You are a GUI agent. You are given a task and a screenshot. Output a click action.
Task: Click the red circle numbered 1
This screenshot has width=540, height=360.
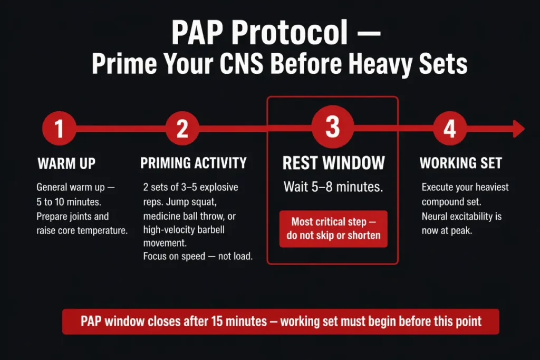pos(59,129)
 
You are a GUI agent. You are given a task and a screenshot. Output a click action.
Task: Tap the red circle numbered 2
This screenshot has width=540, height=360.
pos(182,129)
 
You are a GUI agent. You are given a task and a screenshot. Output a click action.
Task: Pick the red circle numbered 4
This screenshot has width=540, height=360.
pos(449,129)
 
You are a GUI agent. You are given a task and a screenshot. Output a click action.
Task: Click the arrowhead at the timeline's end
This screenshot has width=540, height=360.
pos(518,129)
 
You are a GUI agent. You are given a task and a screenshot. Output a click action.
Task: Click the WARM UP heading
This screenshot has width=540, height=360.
pos(66,163)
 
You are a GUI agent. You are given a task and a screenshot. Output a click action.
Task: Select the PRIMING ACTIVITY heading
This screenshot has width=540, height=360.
pos(194,163)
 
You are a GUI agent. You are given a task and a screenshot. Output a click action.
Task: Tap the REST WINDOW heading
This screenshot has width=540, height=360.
pos(333,163)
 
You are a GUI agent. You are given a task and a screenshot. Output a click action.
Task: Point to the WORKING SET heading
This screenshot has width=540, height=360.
pos(460,163)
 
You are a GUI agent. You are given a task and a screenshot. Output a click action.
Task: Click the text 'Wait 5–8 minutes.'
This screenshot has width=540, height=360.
pos(333,187)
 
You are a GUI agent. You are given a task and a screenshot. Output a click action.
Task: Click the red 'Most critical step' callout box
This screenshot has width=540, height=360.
pos(333,229)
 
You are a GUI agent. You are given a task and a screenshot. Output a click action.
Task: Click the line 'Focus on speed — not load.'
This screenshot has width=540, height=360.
pos(197,256)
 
